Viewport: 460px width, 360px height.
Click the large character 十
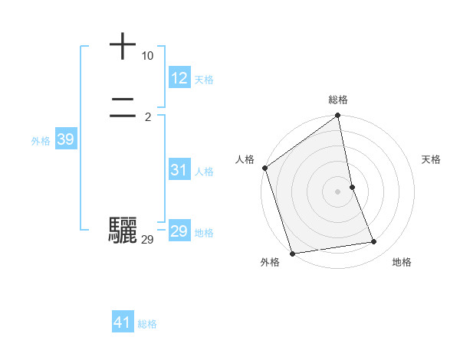point(123,46)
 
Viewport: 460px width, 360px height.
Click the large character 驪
point(123,230)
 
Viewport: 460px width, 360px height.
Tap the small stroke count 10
point(147,56)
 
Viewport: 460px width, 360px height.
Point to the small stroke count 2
point(148,117)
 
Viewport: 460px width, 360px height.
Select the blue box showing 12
point(179,78)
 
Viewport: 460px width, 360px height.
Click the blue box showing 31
point(179,170)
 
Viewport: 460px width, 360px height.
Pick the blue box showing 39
point(65,139)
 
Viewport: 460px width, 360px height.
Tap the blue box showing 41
point(123,322)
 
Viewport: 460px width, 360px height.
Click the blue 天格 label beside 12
point(204,80)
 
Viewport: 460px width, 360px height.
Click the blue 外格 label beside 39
point(41,141)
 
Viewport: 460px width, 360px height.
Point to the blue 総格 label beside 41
point(147,324)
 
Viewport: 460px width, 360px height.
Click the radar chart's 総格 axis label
point(338,100)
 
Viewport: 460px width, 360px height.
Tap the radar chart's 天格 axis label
point(432,159)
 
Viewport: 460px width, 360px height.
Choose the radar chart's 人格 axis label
point(245,159)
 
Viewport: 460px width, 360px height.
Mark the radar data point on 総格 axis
point(338,116)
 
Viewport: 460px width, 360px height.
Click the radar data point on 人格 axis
point(265,168)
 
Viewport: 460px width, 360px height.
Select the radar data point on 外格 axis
point(293,253)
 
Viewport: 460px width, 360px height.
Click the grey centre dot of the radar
point(338,191)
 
